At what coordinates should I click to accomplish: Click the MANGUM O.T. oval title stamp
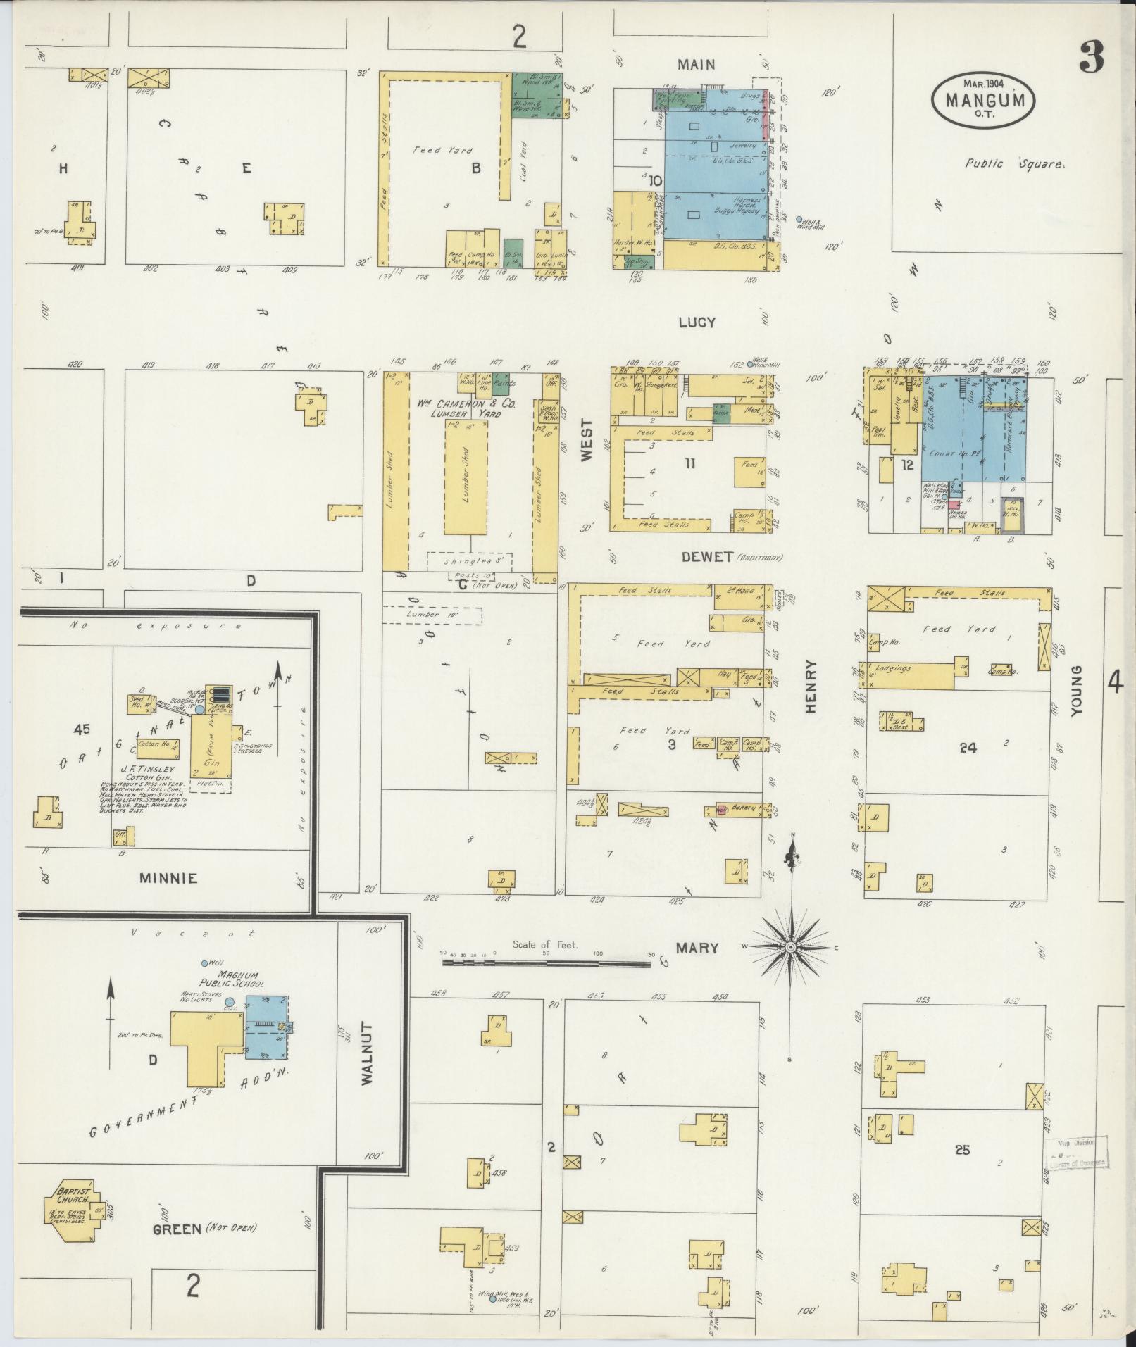(x=983, y=99)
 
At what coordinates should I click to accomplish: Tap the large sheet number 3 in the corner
(x=1091, y=57)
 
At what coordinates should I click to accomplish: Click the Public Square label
(x=1014, y=163)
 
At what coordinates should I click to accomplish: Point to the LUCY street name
(x=697, y=322)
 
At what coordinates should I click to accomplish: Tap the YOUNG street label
(x=1075, y=691)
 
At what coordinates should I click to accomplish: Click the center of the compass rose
(x=791, y=948)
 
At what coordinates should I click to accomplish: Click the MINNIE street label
(x=168, y=878)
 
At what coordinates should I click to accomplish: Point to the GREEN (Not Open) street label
(x=204, y=1229)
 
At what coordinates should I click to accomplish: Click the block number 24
(x=968, y=748)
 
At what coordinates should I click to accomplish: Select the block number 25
(x=962, y=1150)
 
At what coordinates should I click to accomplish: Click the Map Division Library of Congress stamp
(x=1075, y=1154)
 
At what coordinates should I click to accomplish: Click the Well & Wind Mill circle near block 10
(x=798, y=219)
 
